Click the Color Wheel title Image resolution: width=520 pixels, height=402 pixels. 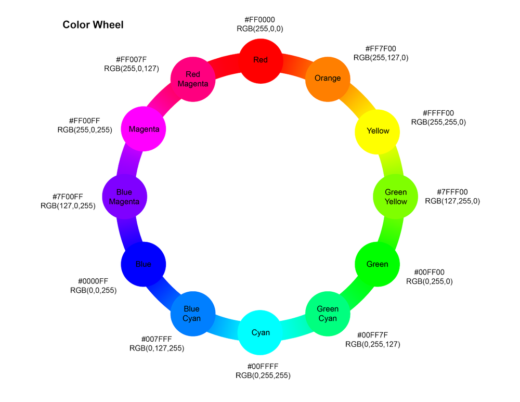pos(93,24)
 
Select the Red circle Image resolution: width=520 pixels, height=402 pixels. pos(261,60)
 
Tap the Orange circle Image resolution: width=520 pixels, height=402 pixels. pos(328,78)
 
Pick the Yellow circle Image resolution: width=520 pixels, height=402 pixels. pos(378,131)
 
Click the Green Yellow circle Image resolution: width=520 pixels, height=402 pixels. pos(396,197)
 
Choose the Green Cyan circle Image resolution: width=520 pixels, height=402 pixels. pos(328,314)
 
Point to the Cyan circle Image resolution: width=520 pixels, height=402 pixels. pos(261,332)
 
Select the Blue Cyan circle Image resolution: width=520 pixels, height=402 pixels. pos(193,314)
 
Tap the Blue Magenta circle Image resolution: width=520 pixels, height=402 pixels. pos(125,197)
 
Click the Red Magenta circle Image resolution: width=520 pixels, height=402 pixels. pos(193,79)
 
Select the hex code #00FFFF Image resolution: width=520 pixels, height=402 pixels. pos(263,366)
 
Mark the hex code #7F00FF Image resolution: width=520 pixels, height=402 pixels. pos(68,196)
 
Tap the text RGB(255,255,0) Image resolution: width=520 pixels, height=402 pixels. pos(438,122)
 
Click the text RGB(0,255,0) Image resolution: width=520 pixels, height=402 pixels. pos(429,281)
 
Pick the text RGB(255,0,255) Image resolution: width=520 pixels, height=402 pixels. pos(85,129)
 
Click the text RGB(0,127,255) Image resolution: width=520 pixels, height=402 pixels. pos(157,348)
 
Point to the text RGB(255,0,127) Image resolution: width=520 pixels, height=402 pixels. pos(132,68)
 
